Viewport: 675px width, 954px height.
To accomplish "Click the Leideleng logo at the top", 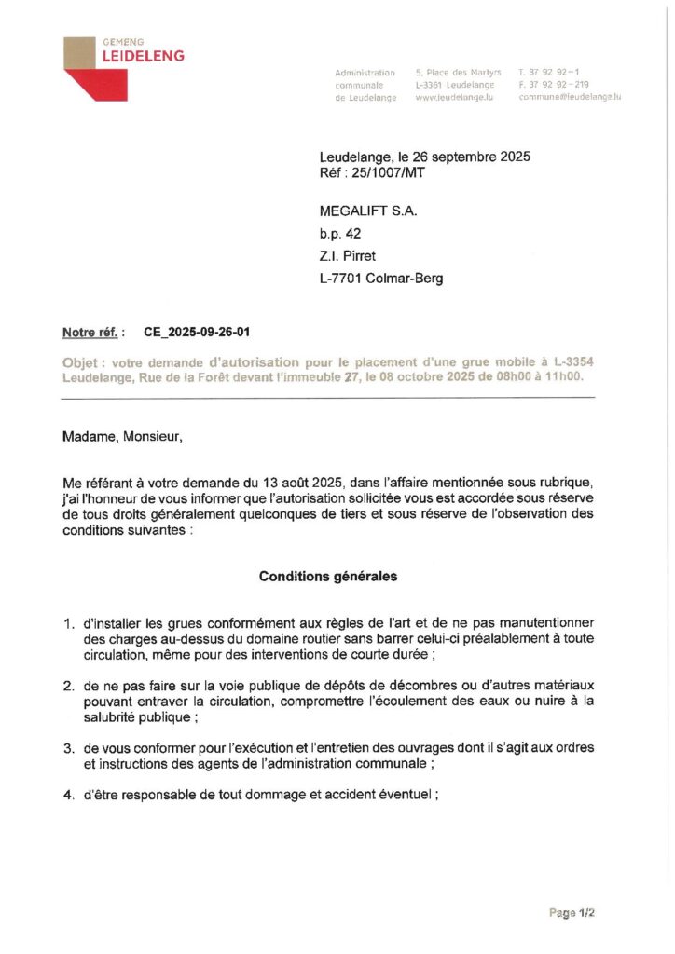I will [123, 68].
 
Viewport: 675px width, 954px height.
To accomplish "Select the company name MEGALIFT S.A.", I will [368, 211].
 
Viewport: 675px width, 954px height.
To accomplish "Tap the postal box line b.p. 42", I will [339, 234].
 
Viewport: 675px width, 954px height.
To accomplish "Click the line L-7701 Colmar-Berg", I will [381, 279].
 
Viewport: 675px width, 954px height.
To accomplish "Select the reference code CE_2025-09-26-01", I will [197, 332].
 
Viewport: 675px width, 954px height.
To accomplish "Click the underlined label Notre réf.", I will [90, 332].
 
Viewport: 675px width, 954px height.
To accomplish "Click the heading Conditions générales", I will [327, 577].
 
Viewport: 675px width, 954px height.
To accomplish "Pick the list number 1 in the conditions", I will [68, 622].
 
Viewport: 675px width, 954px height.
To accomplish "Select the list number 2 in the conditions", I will [68, 686].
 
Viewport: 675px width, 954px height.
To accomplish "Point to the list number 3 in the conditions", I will [68, 748].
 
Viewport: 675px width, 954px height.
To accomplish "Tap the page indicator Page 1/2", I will [572, 912].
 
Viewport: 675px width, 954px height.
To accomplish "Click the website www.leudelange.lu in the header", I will [453, 97].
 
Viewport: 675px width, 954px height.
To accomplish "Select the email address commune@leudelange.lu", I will [570, 97].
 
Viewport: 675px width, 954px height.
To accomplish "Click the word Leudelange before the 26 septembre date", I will [356, 157].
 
